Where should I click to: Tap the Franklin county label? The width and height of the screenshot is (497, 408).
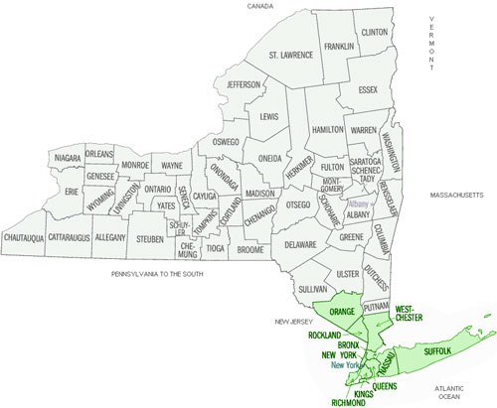339,46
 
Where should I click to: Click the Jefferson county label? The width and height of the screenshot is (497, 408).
243,85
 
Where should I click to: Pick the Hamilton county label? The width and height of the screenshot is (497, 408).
327,130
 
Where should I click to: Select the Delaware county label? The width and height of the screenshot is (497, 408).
299,243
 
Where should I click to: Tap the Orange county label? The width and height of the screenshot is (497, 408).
342,312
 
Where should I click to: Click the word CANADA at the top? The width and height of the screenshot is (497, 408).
261,6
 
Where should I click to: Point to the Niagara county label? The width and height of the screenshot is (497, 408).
66,158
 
